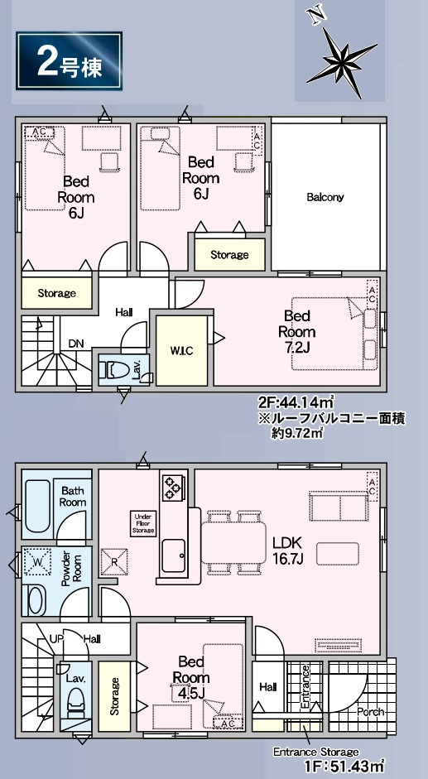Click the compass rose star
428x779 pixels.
pyautogui.click(x=342, y=61)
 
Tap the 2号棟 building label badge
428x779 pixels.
pyautogui.click(x=69, y=61)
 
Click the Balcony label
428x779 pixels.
pyautogui.click(x=325, y=197)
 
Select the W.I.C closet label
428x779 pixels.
pyautogui.click(x=181, y=351)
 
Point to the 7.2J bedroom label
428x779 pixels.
pyautogui.click(x=296, y=331)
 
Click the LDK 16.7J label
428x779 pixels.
pyautogui.click(x=288, y=551)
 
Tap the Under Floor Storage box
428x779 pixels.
pyautogui.click(x=143, y=523)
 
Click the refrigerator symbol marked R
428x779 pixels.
pyautogui.click(x=114, y=561)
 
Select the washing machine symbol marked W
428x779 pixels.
pyautogui.click(x=38, y=562)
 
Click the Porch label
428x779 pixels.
pyautogui.click(x=371, y=711)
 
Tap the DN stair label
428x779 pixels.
pyautogui.click(x=76, y=344)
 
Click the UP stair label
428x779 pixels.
pyautogui.click(x=56, y=638)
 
